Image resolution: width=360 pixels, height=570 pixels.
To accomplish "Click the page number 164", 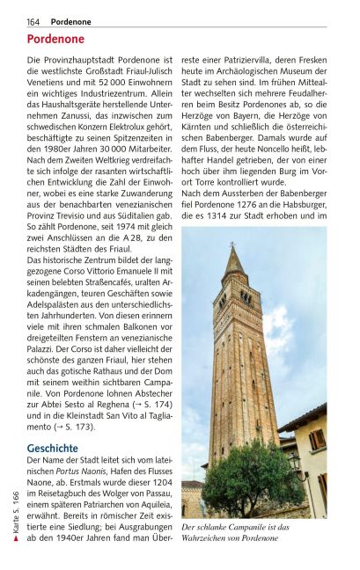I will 33,20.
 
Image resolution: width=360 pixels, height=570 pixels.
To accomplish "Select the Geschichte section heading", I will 53,448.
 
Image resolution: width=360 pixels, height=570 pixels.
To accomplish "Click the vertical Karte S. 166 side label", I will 16,515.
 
